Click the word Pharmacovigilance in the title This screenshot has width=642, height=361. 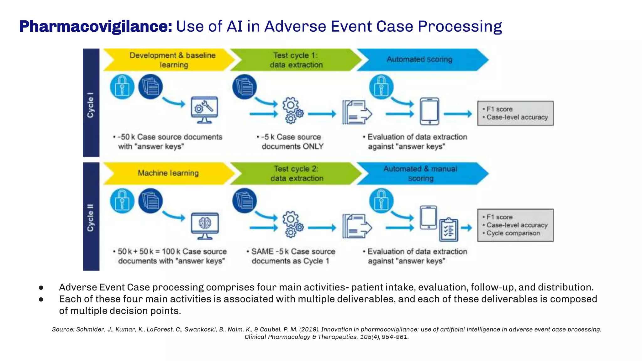tap(96, 26)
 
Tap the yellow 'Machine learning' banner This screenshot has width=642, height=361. tap(168, 173)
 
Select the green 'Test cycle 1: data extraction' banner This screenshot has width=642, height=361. tap(296, 60)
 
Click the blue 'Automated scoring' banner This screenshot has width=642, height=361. tap(419, 60)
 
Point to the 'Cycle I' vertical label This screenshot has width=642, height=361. tap(91, 105)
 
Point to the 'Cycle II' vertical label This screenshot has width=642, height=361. tap(91, 218)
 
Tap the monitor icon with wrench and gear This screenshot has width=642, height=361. tap(204, 110)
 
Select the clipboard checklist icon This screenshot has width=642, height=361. tap(449, 230)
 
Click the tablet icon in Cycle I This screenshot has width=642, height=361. tap(429, 111)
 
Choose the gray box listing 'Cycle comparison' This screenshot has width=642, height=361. tap(515, 225)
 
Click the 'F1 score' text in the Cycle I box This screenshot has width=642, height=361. tap(499, 109)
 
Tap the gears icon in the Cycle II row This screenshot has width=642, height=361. tap(292, 224)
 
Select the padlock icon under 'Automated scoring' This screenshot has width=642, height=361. tap(381, 87)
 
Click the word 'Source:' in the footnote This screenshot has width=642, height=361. tap(63, 329)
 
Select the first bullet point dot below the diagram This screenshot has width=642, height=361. tap(41, 287)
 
